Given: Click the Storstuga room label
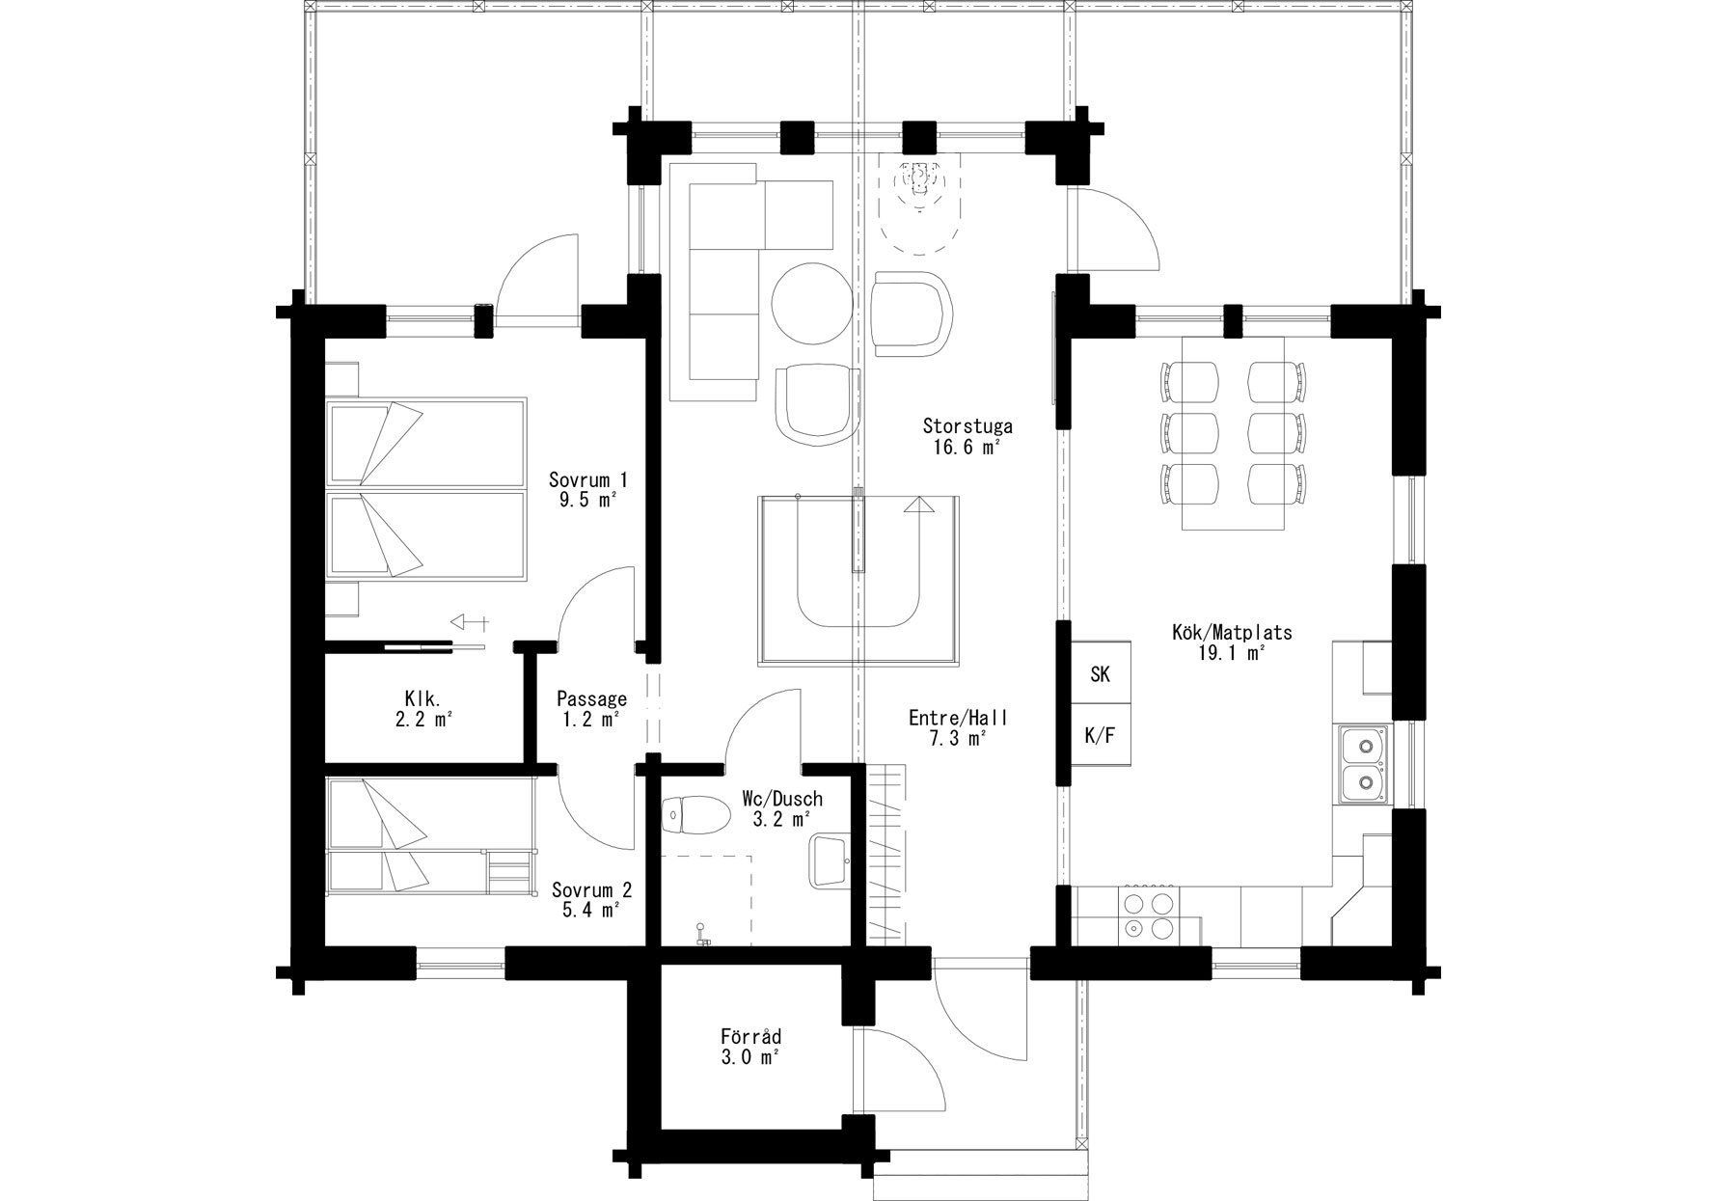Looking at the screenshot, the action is tap(967, 425).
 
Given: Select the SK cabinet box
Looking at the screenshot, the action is tap(1100, 673).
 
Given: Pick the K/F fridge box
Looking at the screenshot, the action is tap(1100, 736).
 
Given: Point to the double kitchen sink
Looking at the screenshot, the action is tap(1364, 763).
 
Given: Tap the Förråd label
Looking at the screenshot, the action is tap(750, 1037).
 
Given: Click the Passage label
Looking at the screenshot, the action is tap(591, 698).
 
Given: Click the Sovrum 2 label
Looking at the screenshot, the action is tap(591, 889).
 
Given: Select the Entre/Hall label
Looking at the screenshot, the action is tap(958, 718).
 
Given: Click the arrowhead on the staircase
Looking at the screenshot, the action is tap(920, 504).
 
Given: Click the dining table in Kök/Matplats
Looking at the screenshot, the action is tap(1234, 433).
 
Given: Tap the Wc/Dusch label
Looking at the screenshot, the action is tap(782, 800).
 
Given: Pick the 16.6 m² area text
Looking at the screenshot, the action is tap(967, 446).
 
